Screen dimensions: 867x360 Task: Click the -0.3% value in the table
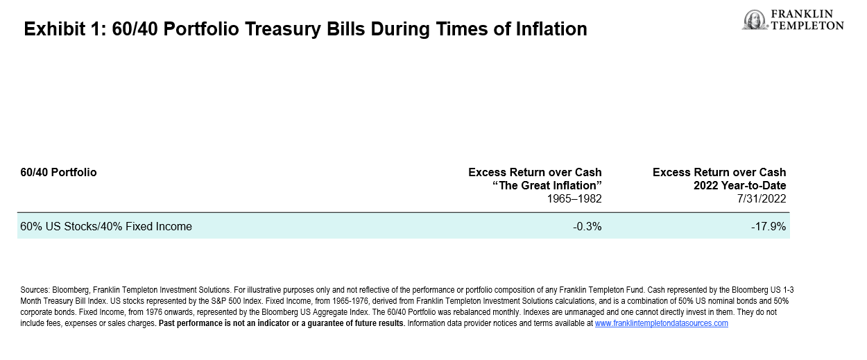click(x=587, y=226)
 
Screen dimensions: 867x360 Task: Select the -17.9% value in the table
click(x=769, y=226)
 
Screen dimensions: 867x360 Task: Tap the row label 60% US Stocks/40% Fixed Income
click(x=106, y=226)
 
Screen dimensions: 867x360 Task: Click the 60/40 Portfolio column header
click(x=58, y=172)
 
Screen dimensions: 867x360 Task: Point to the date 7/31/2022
click(x=762, y=199)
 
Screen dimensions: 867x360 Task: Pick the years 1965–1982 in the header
click(x=574, y=199)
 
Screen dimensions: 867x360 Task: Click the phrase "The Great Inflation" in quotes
click(x=547, y=185)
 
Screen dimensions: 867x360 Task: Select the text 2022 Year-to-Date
click(x=739, y=185)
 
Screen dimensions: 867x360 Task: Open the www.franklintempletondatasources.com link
click(x=662, y=323)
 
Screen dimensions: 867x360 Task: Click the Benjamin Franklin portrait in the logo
click(x=755, y=19)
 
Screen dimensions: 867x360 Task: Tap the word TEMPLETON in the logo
click(x=807, y=26)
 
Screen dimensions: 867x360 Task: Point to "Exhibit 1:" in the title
click(x=65, y=29)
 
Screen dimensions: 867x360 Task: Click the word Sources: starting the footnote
click(x=35, y=290)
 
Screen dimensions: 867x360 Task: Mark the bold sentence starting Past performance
click(x=282, y=323)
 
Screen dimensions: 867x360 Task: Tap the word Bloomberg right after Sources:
click(x=71, y=290)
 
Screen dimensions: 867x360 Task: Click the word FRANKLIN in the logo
click(x=802, y=14)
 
